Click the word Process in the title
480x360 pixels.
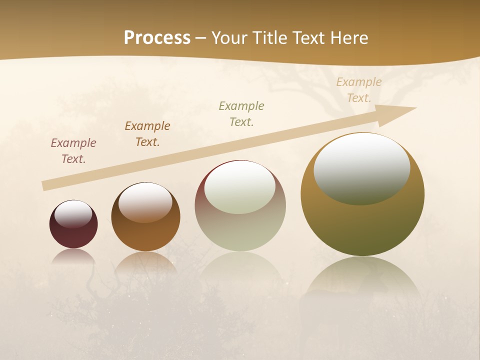tap(157, 38)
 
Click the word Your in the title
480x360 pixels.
tap(229, 38)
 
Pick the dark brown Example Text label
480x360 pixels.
tap(147, 134)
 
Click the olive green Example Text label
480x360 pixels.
tap(241, 114)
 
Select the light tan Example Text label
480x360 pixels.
tap(359, 90)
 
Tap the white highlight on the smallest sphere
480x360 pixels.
tap(73, 214)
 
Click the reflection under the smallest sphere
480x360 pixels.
tap(73, 255)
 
